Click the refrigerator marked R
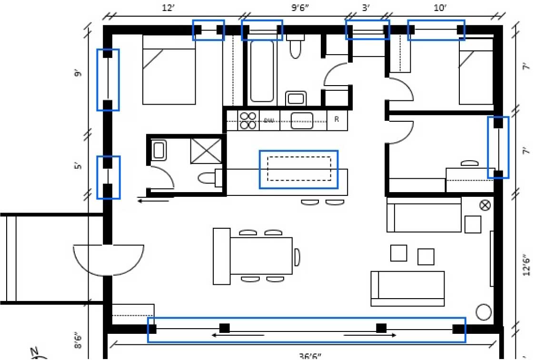pyautogui.click(x=337, y=120)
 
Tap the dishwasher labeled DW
pyautogui.click(x=269, y=120)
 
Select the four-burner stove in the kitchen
pyautogui.click(x=248, y=120)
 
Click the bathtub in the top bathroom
pyautogui.click(x=262, y=71)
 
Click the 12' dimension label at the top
pyautogui.click(x=166, y=9)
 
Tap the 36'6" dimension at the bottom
pyautogui.click(x=310, y=355)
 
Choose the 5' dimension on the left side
pyautogui.click(x=78, y=166)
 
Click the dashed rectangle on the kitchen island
pyautogui.click(x=299, y=169)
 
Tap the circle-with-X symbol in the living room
pyautogui.click(x=485, y=205)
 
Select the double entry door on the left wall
pyautogui.click(x=109, y=260)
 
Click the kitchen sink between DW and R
pyautogui.click(x=302, y=120)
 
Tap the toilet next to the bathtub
pyautogui.click(x=296, y=46)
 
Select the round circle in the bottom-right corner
pyautogui.click(x=484, y=312)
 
